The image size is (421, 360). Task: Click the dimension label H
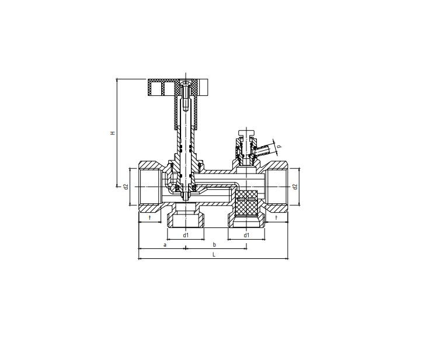coord(113,133)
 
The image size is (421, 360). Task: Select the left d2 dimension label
coord(126,186)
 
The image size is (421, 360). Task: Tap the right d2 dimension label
coord(295,186)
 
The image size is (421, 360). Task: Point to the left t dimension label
coord(150,217)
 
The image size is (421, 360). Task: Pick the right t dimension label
coord(276,217)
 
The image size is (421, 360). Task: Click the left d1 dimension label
coord(186,236)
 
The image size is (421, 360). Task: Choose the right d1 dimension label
coord(246,236)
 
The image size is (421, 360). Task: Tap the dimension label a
coord(165,245)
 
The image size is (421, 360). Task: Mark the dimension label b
coord(214,244)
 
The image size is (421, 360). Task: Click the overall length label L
coord(214,254)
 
